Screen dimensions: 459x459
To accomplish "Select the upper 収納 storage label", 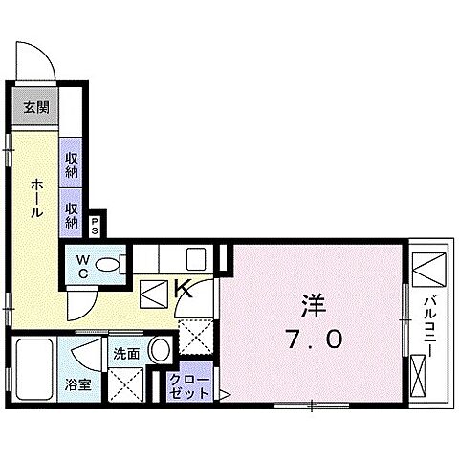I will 73,164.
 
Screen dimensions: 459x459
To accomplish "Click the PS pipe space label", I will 96,227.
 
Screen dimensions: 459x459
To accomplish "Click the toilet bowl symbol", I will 111,263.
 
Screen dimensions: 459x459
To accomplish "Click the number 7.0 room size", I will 314,339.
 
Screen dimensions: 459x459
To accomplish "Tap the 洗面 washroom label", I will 125,353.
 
